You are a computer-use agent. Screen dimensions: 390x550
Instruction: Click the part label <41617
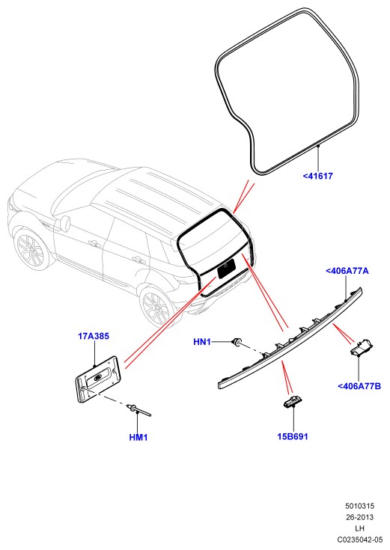point(317,176)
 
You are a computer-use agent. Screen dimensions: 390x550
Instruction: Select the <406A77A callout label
point(347,271)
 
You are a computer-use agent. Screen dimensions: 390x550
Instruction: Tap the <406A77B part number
point(359,386)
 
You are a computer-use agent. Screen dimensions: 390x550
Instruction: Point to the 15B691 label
point(293,436)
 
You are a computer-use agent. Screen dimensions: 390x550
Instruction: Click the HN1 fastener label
point(202,342)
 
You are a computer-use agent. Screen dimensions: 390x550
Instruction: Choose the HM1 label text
point(138,438)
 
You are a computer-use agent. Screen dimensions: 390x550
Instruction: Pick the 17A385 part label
point(94,336)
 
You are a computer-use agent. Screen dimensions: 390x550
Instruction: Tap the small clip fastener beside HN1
point(237,341)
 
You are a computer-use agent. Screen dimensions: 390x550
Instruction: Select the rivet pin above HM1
point(139,410)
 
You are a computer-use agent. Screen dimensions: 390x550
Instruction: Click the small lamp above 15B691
point(293,401)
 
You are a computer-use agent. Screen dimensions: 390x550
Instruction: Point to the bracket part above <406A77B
point(362,347)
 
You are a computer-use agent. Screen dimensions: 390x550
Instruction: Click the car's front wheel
point(31,250)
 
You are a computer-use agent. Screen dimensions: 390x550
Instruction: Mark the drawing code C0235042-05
point(360,539)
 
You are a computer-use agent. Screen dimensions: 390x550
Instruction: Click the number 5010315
point(360,506)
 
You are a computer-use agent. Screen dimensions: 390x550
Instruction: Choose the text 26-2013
point(360,517)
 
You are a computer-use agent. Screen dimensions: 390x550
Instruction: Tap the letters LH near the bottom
point(360,528)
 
